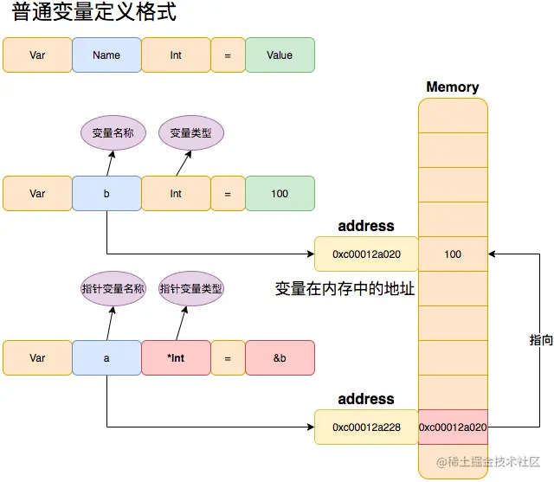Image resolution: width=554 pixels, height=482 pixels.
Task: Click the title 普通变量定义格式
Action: point(95,15)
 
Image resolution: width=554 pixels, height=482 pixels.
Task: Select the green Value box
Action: point(280,55)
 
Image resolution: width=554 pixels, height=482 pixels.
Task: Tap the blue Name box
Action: point(106,55)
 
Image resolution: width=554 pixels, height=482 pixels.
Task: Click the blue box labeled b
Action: point(106,194)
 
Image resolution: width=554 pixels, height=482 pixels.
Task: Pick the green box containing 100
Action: point(280,194)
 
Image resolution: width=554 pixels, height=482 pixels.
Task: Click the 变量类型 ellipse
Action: point(191,133)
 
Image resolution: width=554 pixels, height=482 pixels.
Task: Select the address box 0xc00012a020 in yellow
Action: point(366,254)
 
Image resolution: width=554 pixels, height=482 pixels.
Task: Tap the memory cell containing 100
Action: point(453,254)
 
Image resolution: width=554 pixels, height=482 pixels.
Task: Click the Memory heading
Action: point(452,87)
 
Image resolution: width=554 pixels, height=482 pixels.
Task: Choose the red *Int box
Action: point(176,358)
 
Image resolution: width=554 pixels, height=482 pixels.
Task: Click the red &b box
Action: point(280,358)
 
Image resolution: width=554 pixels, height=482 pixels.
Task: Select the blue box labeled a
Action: point(106,358)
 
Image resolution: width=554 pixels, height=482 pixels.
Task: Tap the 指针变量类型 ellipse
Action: point(191,289)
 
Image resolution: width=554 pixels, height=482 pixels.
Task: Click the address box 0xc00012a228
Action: point(366,427)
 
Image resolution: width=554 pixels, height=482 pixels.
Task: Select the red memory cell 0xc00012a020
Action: point(453,427)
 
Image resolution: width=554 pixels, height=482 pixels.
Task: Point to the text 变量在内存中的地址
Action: point(345,289)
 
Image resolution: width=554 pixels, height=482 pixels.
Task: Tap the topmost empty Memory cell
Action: point(453,115)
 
